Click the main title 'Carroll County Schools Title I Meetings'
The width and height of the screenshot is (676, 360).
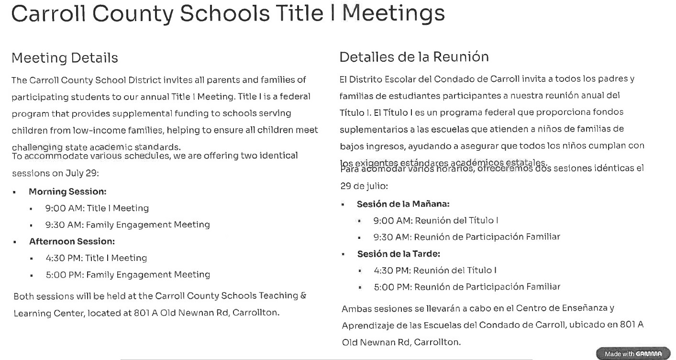click(x=228, y=13)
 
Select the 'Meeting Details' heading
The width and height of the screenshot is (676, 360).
click(x=65, y=58)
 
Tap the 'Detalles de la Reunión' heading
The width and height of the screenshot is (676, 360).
click(x=414, y=57)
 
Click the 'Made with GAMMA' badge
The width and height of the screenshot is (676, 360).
click(x=633, y=354)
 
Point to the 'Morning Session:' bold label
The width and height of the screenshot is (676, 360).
click(x=67, y=191)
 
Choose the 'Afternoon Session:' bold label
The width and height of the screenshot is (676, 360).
click(x=72, y=241)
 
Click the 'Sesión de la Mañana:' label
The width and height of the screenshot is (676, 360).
click(x=403, y=204)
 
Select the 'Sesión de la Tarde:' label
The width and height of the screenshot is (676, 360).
click(x=399, y=254)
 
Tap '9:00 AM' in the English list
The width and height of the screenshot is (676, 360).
click(x=64, y=208)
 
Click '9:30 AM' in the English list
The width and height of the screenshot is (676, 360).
click(x=64, y=225)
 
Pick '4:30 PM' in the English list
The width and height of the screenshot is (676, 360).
click(x=64, y=258)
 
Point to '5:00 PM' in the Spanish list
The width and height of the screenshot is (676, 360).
click(x=392, y=287)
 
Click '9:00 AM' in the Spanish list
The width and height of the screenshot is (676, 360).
click(x=392, y=221)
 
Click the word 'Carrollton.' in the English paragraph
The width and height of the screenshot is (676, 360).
click(x=255, y=313)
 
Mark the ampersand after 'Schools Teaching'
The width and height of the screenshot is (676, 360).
click(x=303, y=296)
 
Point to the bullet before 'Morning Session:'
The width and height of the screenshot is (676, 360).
click(x=15, y=192)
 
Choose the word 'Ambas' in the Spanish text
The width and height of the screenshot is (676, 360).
click(x=356, y=309)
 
